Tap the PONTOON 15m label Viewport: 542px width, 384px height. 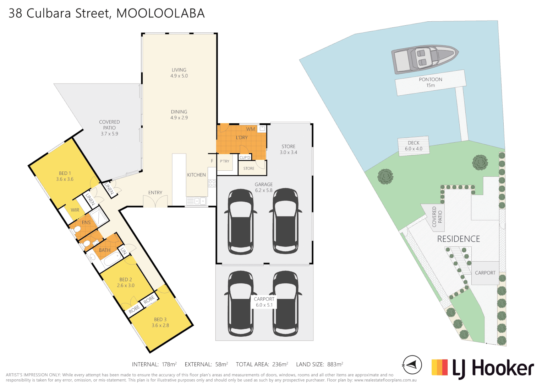(x=430, y=82)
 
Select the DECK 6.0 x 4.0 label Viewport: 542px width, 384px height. (x=414, y=146)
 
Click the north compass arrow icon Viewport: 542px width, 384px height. (x=412, y=365)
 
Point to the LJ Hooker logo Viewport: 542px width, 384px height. (x=483, y=368)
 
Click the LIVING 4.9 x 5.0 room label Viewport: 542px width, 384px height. (x=179, y=73)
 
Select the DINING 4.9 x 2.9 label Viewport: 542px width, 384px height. (x=179, y=114)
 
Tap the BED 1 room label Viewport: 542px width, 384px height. (x=65, y=176)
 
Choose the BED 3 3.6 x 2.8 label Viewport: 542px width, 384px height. (x=160, y=322)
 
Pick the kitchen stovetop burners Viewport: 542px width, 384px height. (x=212, y=183)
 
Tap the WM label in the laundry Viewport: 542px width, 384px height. (x=250, y=129)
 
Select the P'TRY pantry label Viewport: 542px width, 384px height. (x=224, y=161)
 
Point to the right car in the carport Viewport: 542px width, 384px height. (x=286, y=304)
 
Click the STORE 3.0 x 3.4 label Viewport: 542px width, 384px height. (x=288, y=149)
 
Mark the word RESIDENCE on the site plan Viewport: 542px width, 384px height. (x=458, y=239)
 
